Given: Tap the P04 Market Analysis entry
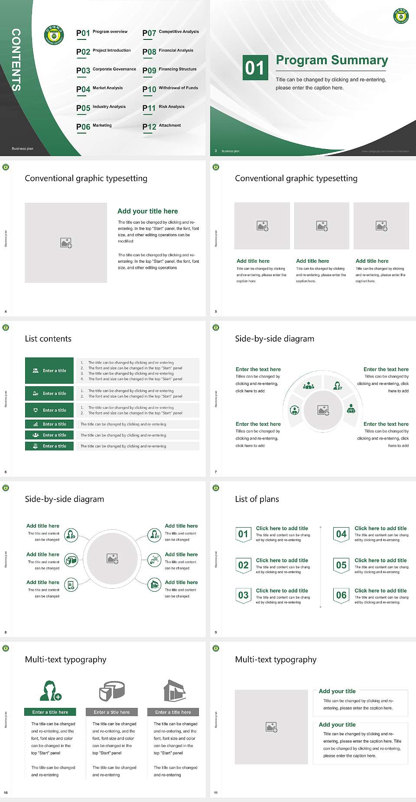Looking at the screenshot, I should (x=100, y=89).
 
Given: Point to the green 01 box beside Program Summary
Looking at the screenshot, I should (x=254, y=68).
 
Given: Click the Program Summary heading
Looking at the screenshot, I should (x=331, y=60).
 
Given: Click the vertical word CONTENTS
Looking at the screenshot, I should (x=16, y=60).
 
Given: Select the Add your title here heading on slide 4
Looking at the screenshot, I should (x=147, y=211).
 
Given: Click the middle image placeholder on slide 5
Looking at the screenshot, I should (x=322, y=226).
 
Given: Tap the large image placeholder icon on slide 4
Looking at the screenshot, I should (x=66, y=243).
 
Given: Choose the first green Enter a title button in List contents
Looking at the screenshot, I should (x=49, y=371).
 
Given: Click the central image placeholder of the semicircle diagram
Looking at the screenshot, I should (x=323, y=410).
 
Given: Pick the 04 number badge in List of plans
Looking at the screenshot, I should (x=341, y=534).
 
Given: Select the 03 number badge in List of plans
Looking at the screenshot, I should (x=243, y=595).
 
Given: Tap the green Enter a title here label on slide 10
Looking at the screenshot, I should (x=50, y=712).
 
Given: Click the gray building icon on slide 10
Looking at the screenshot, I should (x=174, y=691).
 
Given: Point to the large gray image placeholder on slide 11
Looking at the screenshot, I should (x=271, y=727).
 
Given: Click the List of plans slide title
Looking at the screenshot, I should (x=257, y=499).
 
